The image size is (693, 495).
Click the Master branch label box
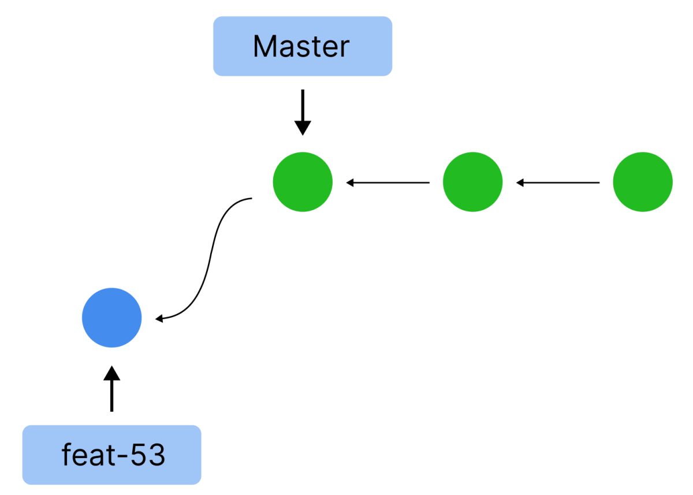pos(303,46)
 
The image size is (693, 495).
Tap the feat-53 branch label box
pos(111,455)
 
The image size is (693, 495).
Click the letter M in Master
pos(265,46)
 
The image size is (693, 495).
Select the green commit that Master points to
pos(303,182)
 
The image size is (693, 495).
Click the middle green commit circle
pos(472,182)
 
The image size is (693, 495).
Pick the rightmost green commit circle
pos(642,182)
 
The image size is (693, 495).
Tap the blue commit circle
pos(111,318)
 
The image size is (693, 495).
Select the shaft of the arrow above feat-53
pos(111,396)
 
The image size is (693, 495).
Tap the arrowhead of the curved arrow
pos(160,318)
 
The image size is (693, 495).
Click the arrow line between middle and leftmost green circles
pos(393,183)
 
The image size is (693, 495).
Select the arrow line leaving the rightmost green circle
pos(563,183)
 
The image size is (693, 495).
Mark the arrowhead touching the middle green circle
pos(520,183)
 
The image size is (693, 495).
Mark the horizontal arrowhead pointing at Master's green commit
pos(351,183)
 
